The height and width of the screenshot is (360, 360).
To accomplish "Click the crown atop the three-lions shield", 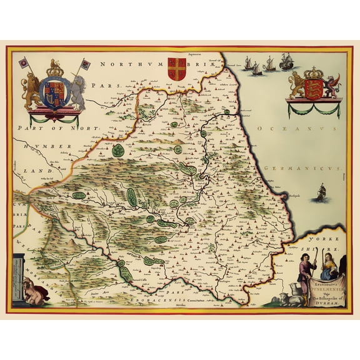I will (313, 72).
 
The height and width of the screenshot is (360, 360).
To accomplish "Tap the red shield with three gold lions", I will (314, 87).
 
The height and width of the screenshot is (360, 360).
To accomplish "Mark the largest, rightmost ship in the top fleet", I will (287, 61).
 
